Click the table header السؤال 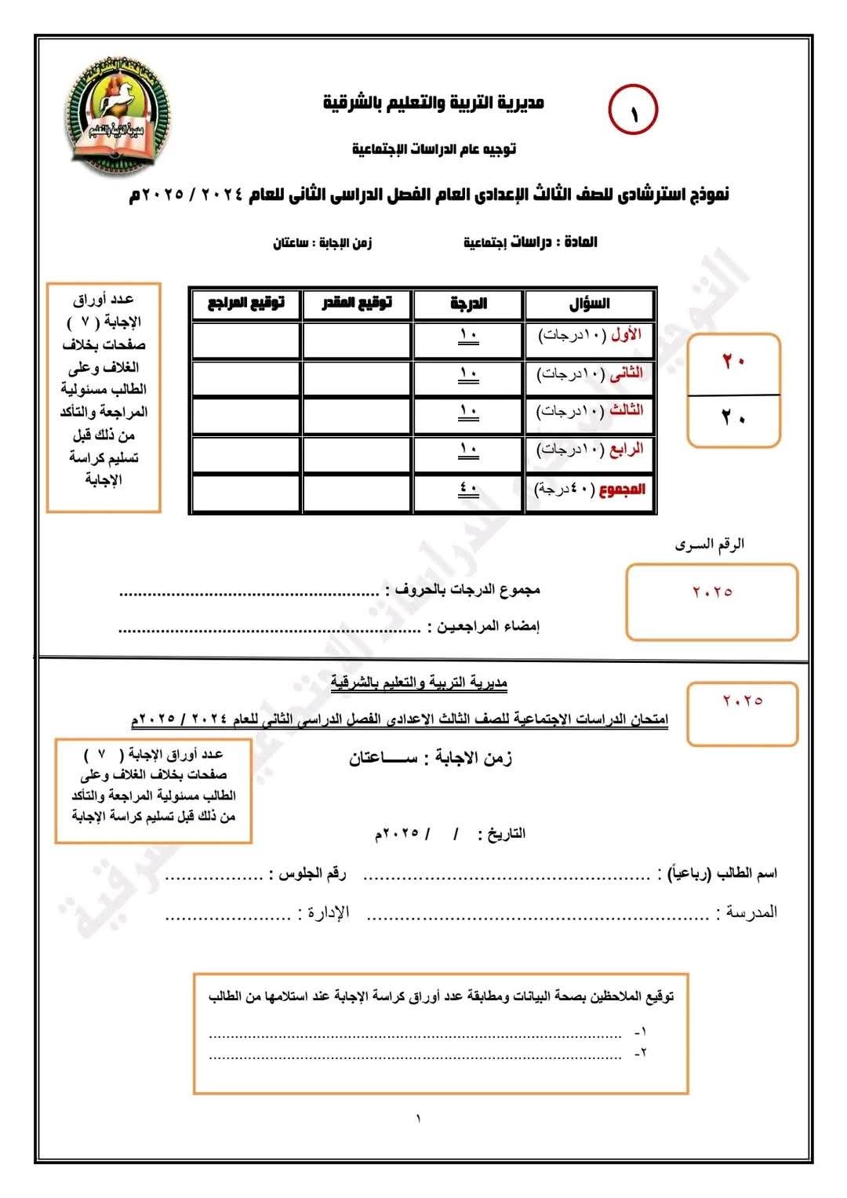pyautogui.click(x=590, y=304)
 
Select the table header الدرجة pyautogui.click(x=468, y=304)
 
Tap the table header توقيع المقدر pyautogui.click(x=357, y=303)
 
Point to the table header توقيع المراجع pyautogui.click(x=245, y=303)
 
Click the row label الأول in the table pyautogui.click(x=626, y=335)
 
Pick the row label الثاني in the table pyautogui.click(x=625, y=373)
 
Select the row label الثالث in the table pyautogui.click(x=625, y=410)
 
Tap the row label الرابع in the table pyautogui.click(x=626, y=449)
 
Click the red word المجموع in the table pyautogui.click(x=623, y=489)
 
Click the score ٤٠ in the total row pyautogui.click(x=468, y=488)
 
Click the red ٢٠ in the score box pyautogui.click(x=733, y=362)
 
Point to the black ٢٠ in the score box pyautogui.click(x=733, y=418)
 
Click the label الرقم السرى pyautogui.click(x=710, y=544)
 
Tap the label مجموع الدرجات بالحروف pyautogui.click(x=463, y=589)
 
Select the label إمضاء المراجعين pyautogui.click(x=482, y=627)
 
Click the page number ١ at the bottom pyautogui.click(x=418, y=1119)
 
